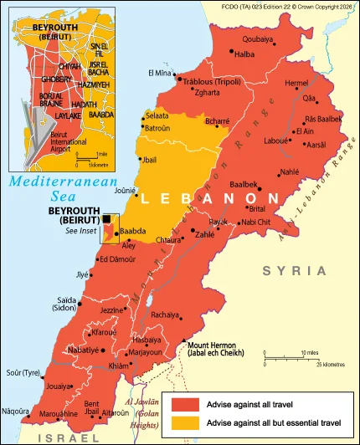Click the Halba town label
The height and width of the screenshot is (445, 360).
coord(244,54)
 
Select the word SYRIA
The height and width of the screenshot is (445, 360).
coord(293,270)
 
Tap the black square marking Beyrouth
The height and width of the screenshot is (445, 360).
coord(107,219)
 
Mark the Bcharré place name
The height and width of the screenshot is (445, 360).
coord(217,122)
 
